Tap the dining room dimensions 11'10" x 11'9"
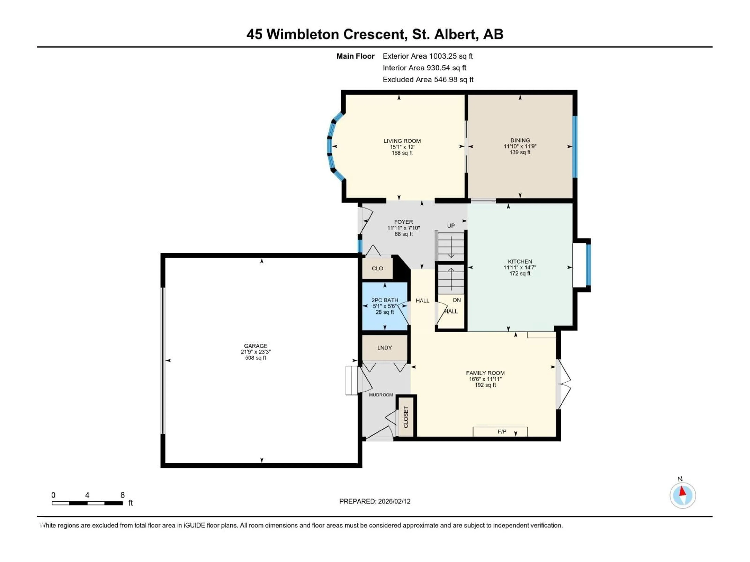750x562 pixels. pos(520,146)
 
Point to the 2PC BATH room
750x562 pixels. pos(385,306)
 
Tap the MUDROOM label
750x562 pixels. pos(381,395)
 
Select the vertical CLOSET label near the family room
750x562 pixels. pos(406,417)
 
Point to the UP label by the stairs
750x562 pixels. pos(451,226)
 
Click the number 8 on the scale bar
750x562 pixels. pos(122,495)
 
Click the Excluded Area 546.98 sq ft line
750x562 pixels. pos(428,80)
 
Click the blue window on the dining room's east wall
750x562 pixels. pos(575,147)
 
